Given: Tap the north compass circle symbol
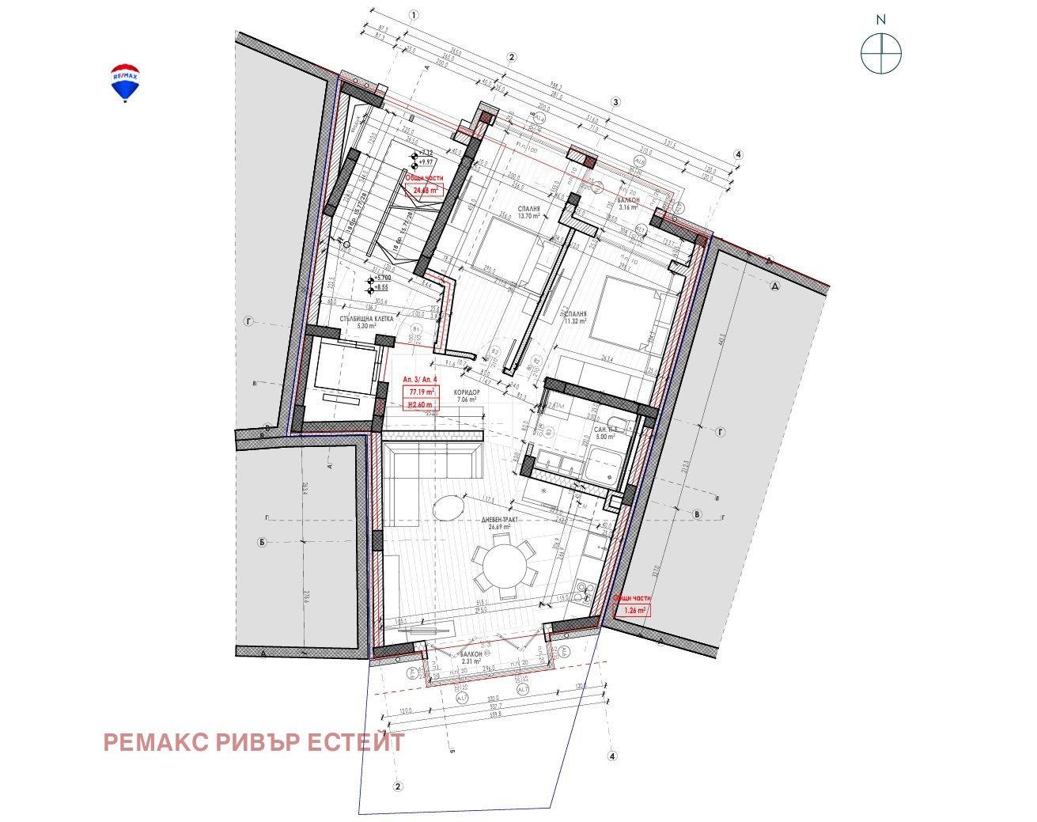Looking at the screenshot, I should coord(881,54).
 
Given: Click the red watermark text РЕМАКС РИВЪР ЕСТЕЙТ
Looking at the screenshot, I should coord(254,742).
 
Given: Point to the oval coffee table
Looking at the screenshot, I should coord(450,507).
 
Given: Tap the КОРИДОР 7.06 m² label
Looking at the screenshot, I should coord(467,396).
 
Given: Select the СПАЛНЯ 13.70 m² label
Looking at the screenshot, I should coord(528,212).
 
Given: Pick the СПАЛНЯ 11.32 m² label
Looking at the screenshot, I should coord(576,317).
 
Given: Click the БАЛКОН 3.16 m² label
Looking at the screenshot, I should coord(628,204).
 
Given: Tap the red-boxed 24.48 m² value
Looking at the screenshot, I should coord(426,190).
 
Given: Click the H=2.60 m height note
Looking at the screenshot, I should coord(420,405).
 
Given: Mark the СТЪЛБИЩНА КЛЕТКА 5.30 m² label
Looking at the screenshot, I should coord(366,322).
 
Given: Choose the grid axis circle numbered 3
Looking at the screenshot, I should coord(615,101).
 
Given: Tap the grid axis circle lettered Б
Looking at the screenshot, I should coord(262,543).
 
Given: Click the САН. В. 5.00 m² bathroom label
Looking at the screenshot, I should coord(605,433).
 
